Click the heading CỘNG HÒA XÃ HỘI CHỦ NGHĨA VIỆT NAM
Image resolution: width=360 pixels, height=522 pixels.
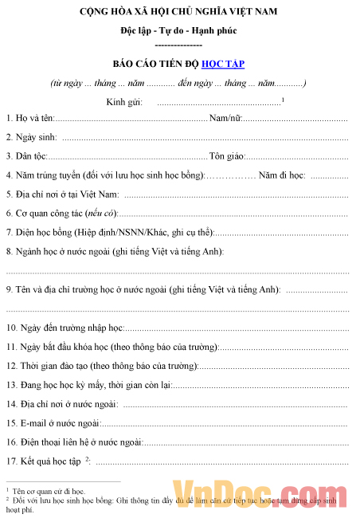coord(179,13)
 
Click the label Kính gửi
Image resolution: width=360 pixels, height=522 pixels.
coord(123,101)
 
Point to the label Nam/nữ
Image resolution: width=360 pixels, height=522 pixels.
coord(225,119)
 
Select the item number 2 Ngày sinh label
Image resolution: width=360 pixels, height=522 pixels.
coord(31,138)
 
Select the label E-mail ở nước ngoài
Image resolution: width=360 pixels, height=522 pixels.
coord(53,423)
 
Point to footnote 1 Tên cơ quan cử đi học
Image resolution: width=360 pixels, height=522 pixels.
coord(48,493)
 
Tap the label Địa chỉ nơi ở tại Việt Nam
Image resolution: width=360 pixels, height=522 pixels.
coord(63,194)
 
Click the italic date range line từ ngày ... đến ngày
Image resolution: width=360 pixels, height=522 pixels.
coord(178,83)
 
